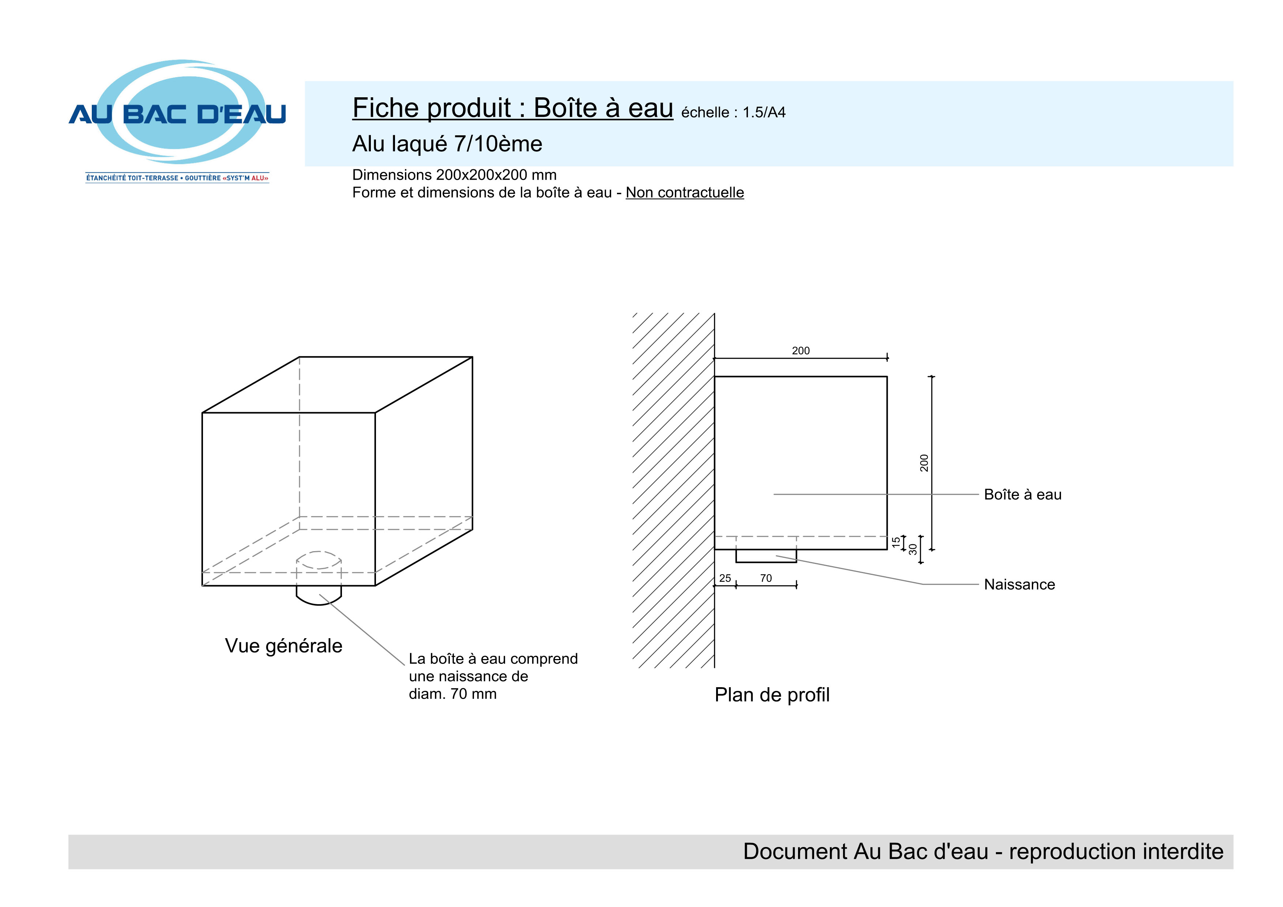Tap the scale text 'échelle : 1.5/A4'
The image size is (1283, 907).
tap(733, 113)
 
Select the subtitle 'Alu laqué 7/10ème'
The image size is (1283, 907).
tap(447, 144)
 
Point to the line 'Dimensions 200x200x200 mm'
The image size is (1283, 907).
tap(454, 175)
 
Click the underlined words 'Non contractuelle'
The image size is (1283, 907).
tap(685, 193)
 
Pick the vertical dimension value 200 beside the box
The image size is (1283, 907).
tap(924, 463)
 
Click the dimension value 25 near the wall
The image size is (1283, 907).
tap(725, 579)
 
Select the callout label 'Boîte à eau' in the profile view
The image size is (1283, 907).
tap(1023, 494)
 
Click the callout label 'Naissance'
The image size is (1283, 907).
tap(1019, 584)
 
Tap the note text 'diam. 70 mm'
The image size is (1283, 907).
tap(453, 694)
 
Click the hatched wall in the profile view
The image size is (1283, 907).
tap(673, 491)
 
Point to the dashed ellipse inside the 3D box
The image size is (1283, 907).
tap(319, 552)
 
